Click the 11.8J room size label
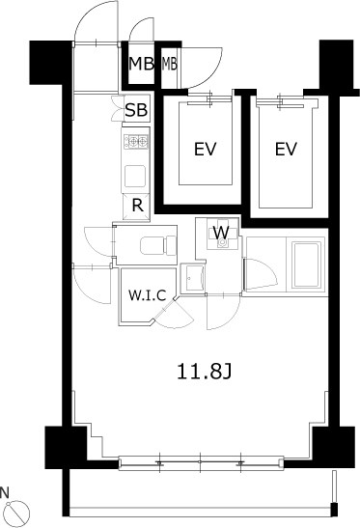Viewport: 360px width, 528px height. click(x=204, y=372)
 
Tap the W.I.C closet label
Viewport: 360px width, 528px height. click(x=148, y=295)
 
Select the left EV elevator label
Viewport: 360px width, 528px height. click(x=205, y=150)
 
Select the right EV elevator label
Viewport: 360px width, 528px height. click(x=286, y=149)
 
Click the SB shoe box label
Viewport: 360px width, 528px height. click(x=136, y=110)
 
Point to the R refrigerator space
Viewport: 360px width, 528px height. click(x=137, y=206)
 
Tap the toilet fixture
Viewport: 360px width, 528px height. click(x=158, y=245)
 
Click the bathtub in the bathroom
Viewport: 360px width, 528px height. click(x=306, y=264)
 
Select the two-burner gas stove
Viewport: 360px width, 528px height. click(x=136, y=142)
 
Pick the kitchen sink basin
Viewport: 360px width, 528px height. click(x=135, y=177)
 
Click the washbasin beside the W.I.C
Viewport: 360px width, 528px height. click(x=192, y=278)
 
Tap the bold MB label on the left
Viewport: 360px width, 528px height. click(x=142, y=64)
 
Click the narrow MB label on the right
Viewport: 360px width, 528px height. click(x=170, y=64)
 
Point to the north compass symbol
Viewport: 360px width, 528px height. click(x=17, y=512)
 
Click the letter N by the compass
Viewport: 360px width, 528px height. click(x=4, y=492)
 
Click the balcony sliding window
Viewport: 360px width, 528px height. click(x=201, y=462)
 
